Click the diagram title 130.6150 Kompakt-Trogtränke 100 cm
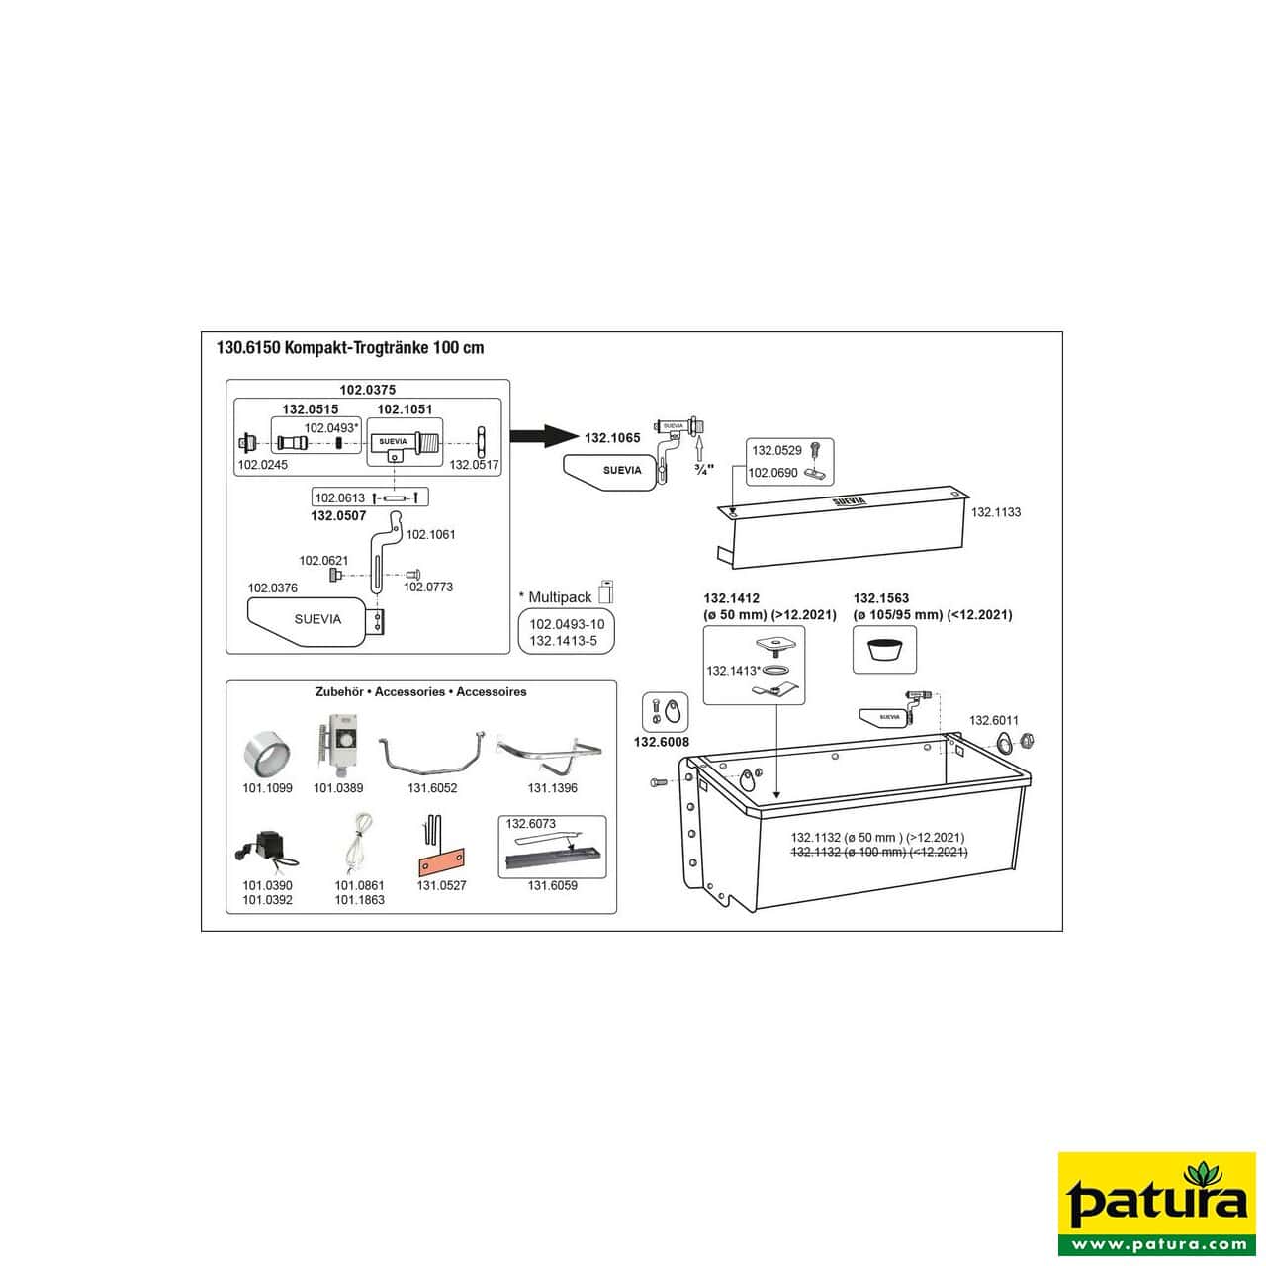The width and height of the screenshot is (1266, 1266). (350, 348)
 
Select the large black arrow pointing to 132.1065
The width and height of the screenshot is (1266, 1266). (543, 436)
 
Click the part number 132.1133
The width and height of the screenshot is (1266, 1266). (996, 512)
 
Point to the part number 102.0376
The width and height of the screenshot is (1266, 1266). (272, 588)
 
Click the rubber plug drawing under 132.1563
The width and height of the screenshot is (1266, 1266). (884, 651)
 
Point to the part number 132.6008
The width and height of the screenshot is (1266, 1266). (662, 742)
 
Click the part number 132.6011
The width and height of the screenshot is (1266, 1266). (993, 720)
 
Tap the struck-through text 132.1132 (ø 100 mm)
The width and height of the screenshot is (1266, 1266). (878, 852)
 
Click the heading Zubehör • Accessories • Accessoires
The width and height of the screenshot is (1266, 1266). (420, 692)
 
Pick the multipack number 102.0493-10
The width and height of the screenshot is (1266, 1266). (566, 624)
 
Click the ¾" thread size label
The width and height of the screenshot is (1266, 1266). (703, 470)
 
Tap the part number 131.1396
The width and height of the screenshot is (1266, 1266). (552, 788)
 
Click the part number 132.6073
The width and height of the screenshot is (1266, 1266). (531, 824)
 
